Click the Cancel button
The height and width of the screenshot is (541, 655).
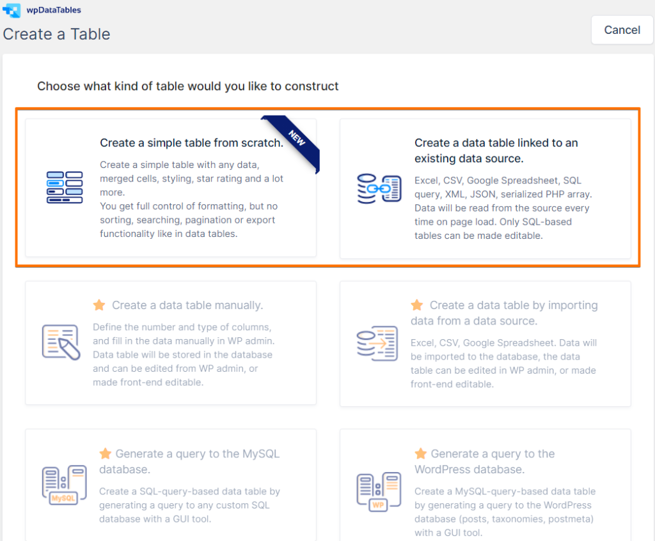pyautogui.click(x=622, y=30)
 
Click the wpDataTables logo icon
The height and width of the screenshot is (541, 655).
pyautogui.click(x=12, y=10)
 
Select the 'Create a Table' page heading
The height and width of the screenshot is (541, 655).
pyautogui.click(x=57, y=34)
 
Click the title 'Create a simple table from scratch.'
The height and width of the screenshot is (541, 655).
pyautogui.click(x=191, y=143)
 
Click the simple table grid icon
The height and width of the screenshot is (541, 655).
pyautogui.click(x=65, y=187)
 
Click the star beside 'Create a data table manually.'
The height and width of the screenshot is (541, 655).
pyautogui.click(x=99, y=305)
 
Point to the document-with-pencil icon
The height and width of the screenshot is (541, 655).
pyautogui.click(x=61, y=342)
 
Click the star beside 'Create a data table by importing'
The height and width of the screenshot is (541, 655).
pyautogui.click(x=417, y=305)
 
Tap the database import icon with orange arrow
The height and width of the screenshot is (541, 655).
pyautogui.click(x=377, y=343)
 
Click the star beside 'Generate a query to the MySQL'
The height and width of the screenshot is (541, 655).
pyautogui.click(x=106, y=454)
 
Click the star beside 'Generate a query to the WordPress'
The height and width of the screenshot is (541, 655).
pyautogui.click(x=420, y=454)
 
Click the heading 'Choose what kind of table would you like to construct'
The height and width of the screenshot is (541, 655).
pyautogui.click(x=188, y=86)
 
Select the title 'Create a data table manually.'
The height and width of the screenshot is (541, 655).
pyautogui.click(x=187, y=305)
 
